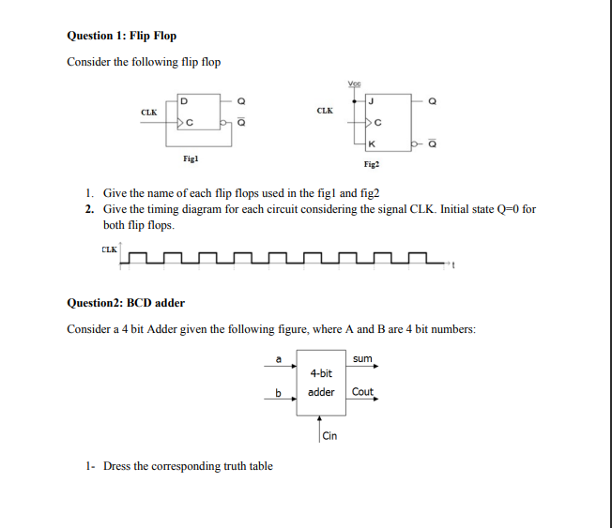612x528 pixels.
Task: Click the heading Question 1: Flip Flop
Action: click(x=121, y=36)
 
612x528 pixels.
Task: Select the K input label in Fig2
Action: click(x=373, y=144)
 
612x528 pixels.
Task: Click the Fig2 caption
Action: click(x=370, y=164)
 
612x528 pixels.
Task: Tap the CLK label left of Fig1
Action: click(x=148, y=112)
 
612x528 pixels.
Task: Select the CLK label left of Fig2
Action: click(x=325, y=110)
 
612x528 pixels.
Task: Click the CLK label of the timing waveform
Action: click(x=109, y=249)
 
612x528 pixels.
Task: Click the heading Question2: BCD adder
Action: click(x=126, y=303)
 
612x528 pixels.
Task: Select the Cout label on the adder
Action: click(x=362, y=392)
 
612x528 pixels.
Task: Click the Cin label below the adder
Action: click(x=329, y=436)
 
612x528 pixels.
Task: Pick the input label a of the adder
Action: click(x=278, y=357)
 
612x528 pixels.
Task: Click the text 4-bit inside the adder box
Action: click(x=321, y=373)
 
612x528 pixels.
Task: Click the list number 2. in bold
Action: click(x=89, y=208)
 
